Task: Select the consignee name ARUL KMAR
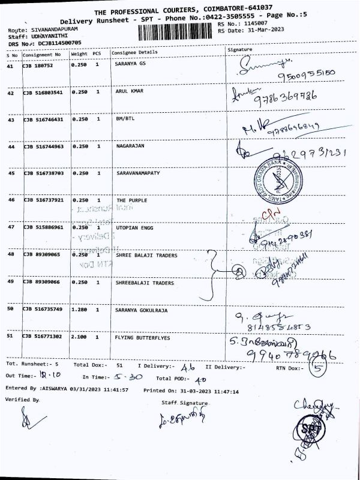click(130, 92)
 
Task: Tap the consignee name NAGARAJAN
click(130, 146)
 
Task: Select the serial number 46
click(10, 200)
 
